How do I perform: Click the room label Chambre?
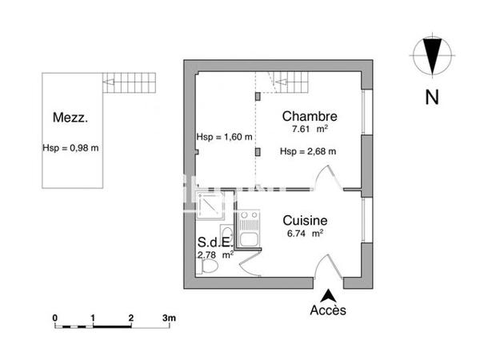309,115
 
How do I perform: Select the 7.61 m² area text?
308,129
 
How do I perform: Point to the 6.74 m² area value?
305,234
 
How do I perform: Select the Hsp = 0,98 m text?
70,148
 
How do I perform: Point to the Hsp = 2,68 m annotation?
308,151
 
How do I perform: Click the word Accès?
328,310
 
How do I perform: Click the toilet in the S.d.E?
207,270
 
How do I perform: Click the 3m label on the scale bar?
169,318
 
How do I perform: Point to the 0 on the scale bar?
55,318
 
